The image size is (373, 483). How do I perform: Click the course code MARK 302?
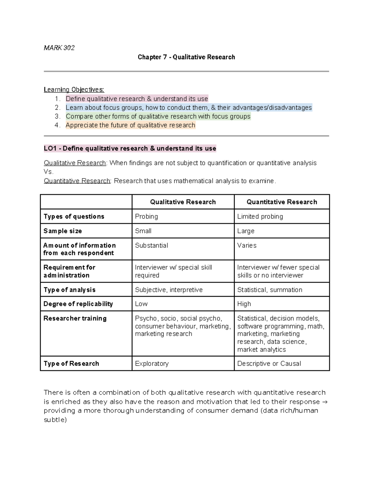tap(59, 48)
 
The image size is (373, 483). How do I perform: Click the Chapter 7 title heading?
tap(186, 57)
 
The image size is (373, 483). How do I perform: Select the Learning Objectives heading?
tap(74, 90)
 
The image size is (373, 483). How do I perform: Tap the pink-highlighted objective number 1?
tap(136, 99)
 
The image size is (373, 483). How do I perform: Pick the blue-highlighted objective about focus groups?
tap(188, 108)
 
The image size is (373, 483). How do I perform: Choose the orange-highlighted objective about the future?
tap(130, 125)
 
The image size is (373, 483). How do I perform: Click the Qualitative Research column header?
tap(183, 202)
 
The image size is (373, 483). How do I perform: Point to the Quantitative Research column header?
tap(282, 202)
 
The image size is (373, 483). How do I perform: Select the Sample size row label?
tap(62, 231)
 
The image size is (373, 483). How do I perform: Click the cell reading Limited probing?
tap(260, 216)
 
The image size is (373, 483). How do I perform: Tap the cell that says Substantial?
tap(151, 245)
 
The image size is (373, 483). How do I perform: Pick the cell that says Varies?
tap(247, 245)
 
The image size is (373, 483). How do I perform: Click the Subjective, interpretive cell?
tap(168, 290)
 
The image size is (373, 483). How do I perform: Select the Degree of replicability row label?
tap(78, 304)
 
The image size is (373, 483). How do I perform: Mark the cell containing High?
tap(244, 304)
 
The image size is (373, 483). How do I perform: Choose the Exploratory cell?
tap(152, 364)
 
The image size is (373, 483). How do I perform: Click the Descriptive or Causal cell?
tap(269, 364)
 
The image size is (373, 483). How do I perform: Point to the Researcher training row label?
tap(75, 318)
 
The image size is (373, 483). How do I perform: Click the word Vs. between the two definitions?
tap(49, 172)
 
